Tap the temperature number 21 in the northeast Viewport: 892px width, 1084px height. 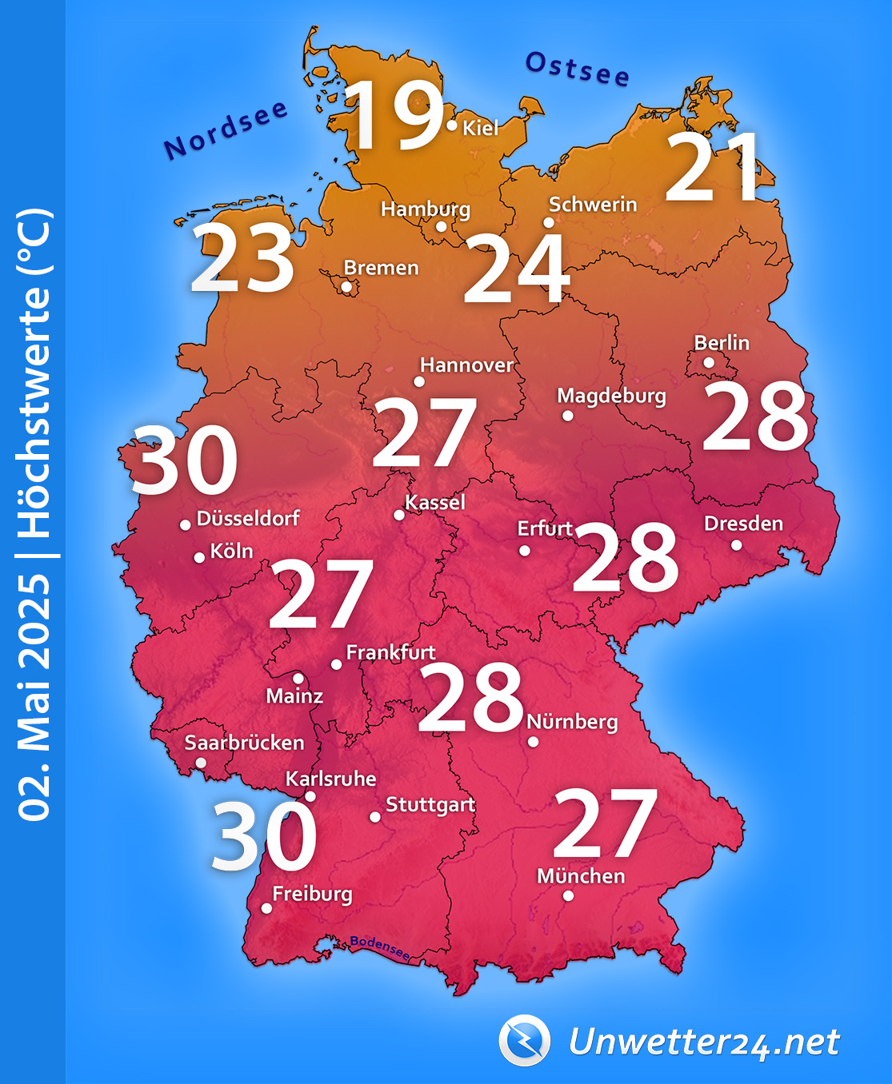click(712, 167)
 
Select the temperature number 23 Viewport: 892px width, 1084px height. click(242, 258)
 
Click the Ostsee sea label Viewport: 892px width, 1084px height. click(578, 69)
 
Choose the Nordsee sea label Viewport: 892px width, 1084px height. click(225, 130)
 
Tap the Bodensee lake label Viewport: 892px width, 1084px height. click(380, 947)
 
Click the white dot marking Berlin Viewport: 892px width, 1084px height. click(709, 362)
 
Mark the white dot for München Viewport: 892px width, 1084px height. click(568, 896)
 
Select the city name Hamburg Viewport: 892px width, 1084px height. click(426, 209)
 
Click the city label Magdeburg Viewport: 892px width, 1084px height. click(611, 396)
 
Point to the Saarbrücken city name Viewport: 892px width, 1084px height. click(244, 743)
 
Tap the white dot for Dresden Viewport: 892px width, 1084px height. click(736, 545)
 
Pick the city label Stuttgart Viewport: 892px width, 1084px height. click(430, 804)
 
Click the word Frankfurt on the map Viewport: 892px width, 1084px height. click(390, 652)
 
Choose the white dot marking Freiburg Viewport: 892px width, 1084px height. click(266, 908)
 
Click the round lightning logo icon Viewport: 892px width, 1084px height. click(525, 1040)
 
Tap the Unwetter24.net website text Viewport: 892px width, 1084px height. click(704, 1042)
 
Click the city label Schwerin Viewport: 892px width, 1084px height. click(593, 205)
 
